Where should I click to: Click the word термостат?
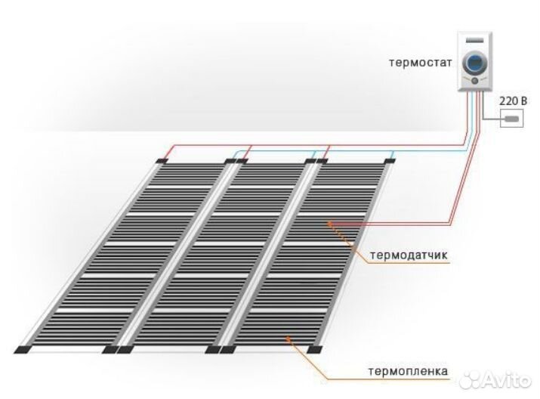click(421, 62)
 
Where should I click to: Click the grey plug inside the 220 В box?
click(512, 119)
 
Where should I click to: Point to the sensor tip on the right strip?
click(329, 222)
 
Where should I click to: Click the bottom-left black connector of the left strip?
click(24, 349)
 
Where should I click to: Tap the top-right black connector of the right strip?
click(392, 161)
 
